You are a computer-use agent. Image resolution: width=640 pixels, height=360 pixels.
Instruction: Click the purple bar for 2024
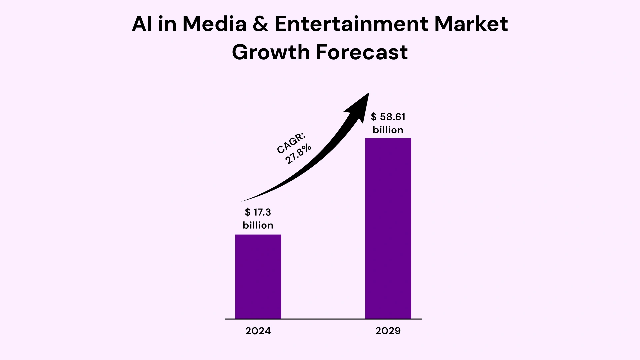pyautogui.click(x=258, y=277)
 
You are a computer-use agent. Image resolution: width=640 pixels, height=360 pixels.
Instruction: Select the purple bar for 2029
pyautogui.click(x=388, y=228)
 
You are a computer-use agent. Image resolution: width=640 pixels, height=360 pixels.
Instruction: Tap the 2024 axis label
pyautogui.click(x=258, y=331)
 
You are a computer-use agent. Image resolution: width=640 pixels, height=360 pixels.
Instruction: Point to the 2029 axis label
pyautogui.click(x=388, y=331)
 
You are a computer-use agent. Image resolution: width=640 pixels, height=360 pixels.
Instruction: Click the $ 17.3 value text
pyautogui.click(x=258, y=212)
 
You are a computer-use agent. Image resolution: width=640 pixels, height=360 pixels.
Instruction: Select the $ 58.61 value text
pyautogui.click(x=388, y=117)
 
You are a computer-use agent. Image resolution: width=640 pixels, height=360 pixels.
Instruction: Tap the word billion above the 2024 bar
pyautogui.click(x=258, y=225)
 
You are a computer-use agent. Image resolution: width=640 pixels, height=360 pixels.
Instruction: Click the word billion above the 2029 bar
pyautogui.click(x=388, y=130)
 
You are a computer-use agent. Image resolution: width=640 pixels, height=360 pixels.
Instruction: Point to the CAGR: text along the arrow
pyautogui.click(x=291, y=143)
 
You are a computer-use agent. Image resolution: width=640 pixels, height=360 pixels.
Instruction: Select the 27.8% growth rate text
pyautogui.click(x=298, y=154)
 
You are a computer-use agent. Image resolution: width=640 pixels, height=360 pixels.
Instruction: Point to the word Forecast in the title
pyautogui.click(x=361, y=52)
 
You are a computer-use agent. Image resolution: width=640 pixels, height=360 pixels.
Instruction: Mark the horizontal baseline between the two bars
pyautogui.click(x=323, y=319)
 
